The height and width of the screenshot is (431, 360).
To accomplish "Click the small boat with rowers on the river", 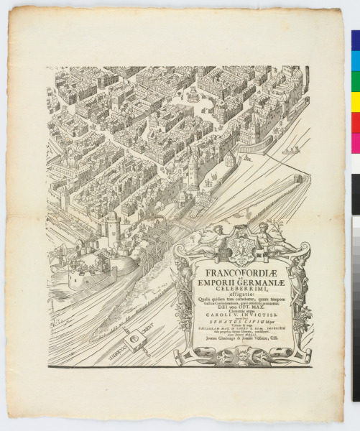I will point(290,151).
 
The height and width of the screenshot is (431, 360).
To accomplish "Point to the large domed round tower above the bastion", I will point(112,228).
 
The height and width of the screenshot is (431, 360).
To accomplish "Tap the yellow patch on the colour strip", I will point(355,99).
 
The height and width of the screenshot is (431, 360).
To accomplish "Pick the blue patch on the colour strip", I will point(355,40).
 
